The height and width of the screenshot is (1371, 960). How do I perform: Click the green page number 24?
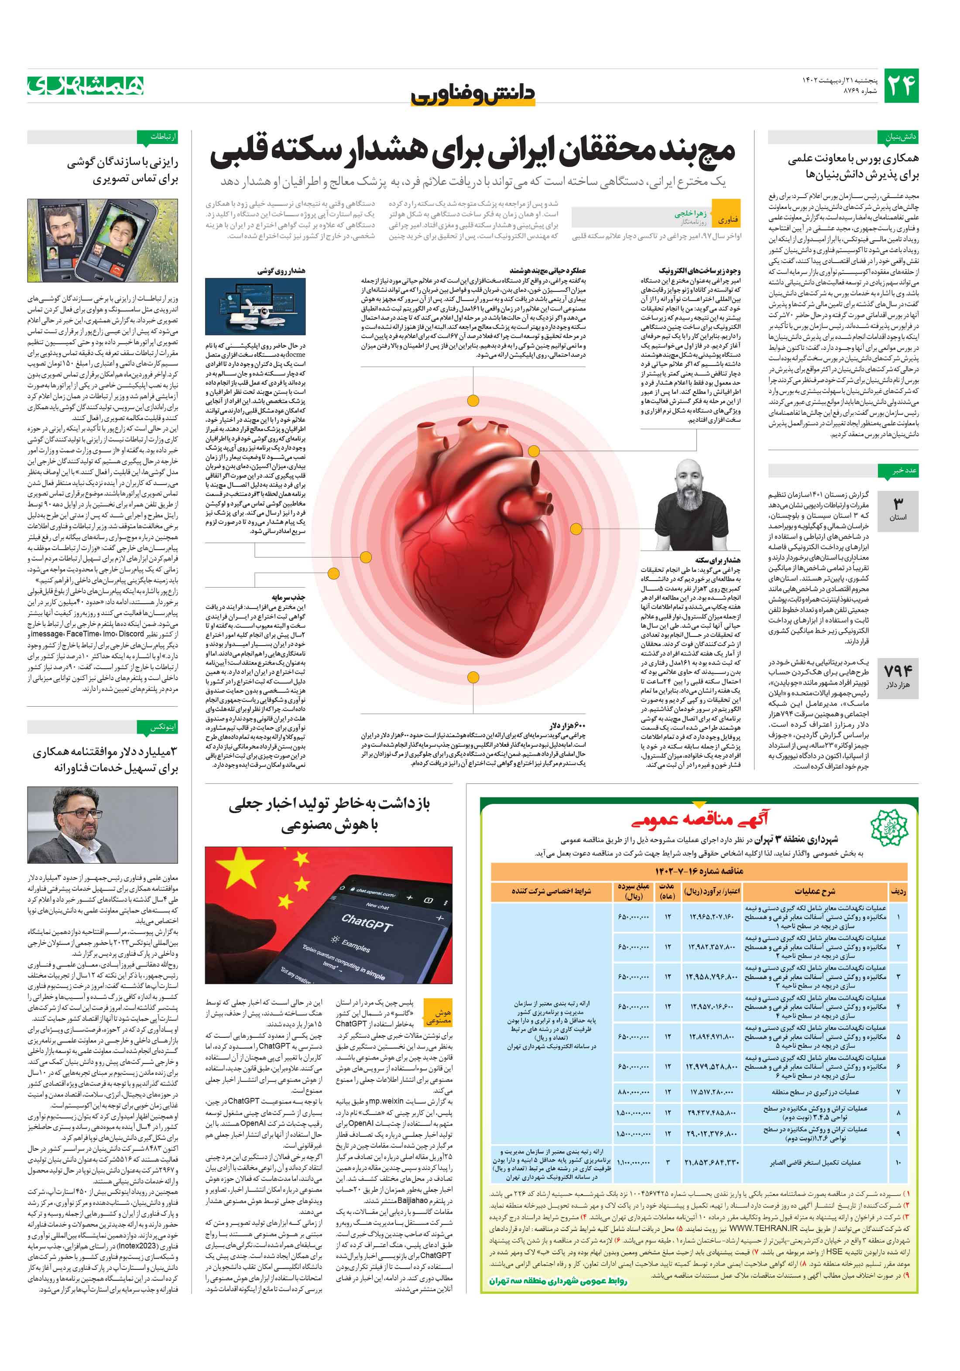click(900, 86)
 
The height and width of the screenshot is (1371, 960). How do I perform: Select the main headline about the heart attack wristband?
click(472, 153)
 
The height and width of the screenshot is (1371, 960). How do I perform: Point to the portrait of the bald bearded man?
click(692, 505)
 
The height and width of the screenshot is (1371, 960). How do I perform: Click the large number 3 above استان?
click(897, 503)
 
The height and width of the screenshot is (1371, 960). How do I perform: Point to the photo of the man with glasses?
click(102, 824)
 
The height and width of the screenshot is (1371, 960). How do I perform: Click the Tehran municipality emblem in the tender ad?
click(888, 827)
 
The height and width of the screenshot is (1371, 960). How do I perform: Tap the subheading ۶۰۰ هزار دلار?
click(568, 726)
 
